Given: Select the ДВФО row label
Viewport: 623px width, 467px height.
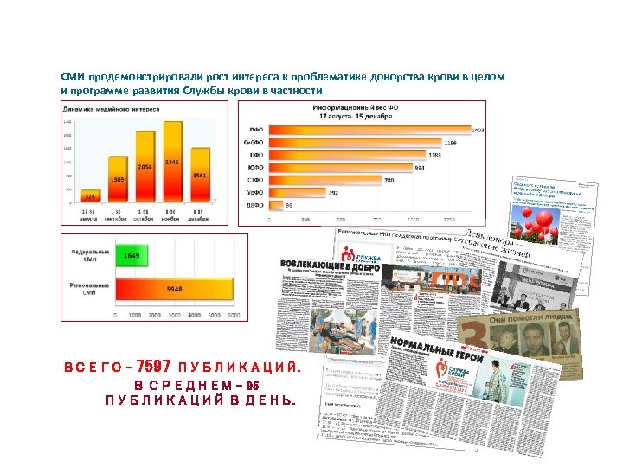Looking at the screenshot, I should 255,205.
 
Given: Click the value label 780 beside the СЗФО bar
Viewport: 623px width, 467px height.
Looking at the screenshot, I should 389,180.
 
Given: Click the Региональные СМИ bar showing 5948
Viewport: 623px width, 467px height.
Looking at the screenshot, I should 174,289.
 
